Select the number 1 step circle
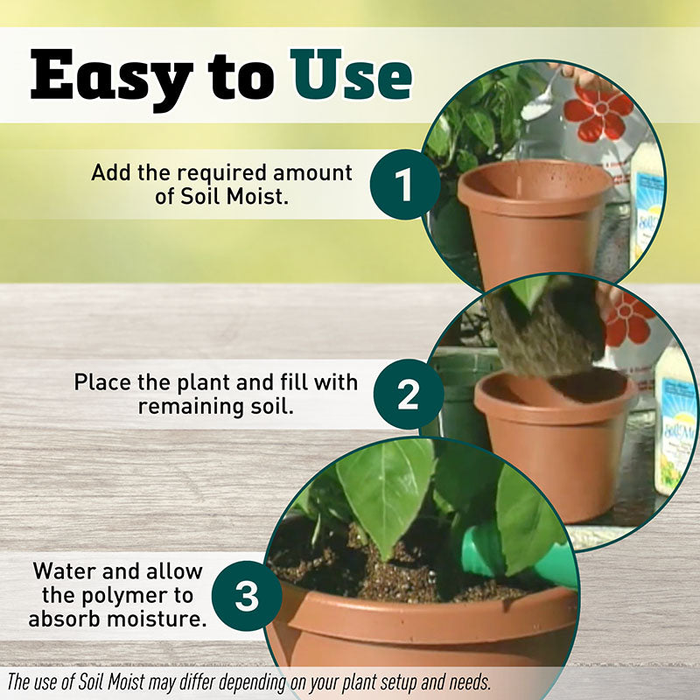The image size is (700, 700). pyautogui.click(x=405, y=185)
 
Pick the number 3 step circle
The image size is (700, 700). pyautogui.click(x=247, y=596)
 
